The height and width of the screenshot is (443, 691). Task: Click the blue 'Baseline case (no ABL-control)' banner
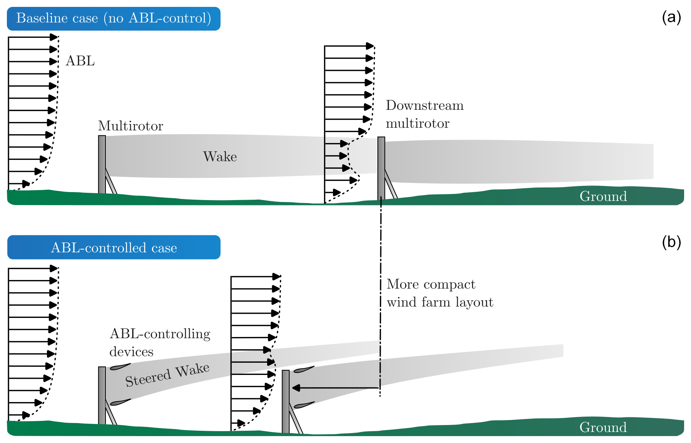(x=114, y=18)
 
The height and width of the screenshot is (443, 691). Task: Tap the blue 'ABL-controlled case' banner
(x=114, y=248)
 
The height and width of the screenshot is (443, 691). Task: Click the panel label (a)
(x=671, y=17)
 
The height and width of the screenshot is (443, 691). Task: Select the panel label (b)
(x=671, y=242)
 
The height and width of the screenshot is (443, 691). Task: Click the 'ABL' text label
(x=80, y=61)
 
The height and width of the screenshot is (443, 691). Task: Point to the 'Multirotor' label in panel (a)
(x=130, y=126)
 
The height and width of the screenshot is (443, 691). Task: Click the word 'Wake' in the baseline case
(x=220, y=156)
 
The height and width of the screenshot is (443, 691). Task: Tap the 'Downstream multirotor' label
(x=424, y=114)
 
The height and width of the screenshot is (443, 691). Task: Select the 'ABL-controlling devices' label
(x=159, y=342)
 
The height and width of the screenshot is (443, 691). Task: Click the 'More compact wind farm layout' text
(x=440, y=293)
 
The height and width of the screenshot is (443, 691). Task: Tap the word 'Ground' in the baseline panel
(x=603, y=196)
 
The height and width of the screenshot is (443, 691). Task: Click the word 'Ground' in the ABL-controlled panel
(x=603, y=427)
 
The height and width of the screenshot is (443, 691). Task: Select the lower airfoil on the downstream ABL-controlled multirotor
(x=304, y=405)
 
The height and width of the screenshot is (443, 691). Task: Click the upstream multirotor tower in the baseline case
(x=102, y=164)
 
